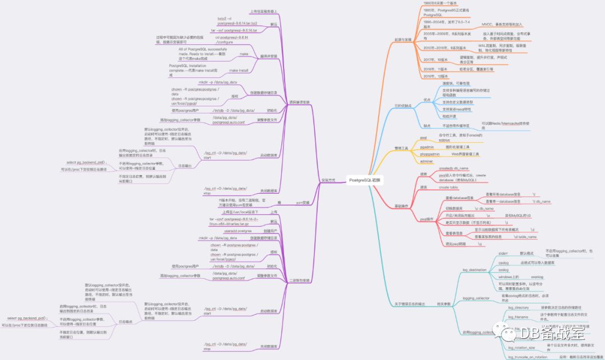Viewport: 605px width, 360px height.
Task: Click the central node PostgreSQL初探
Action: pyautogui.click(x=364, y=180)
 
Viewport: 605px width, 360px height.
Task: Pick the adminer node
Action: pyautogui.click(x=427, y=161)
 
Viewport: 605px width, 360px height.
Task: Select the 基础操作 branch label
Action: pyautogui.click(x=402, y=206)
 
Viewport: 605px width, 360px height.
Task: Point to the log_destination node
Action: pyautogui.click(x=474, y=270)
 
